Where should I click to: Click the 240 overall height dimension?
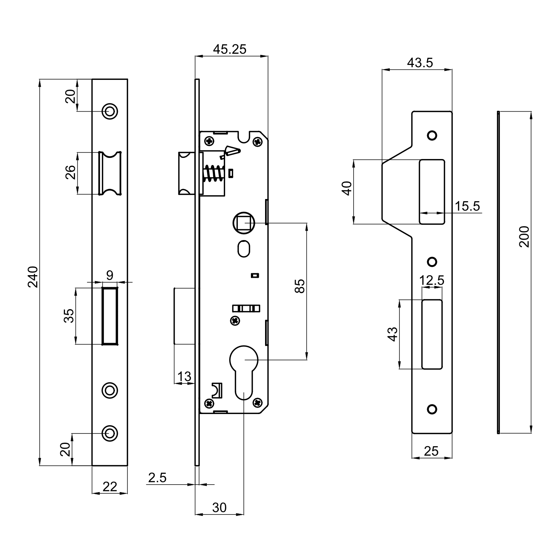[x=34, y=277]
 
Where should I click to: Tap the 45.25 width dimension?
[x=230, y=49]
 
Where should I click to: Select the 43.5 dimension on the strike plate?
[x=420, y=63]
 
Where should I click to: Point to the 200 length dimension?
[x=525, y=236]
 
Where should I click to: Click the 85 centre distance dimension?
[x=300, y=286]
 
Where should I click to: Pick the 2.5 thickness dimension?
[x=157, y=477]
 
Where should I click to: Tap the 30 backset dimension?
[x=220, y=507]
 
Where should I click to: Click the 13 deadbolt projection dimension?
[x=184, y=376]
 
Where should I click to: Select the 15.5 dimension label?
[x=467, y=206]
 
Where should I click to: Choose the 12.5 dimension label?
[x=432, y=280]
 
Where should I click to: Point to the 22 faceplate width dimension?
[x=110, y=486]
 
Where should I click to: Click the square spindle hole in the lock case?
[x=244, y=223]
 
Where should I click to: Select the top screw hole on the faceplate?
[x=110, y=111]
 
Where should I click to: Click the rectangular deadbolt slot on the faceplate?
[x=110, y=316]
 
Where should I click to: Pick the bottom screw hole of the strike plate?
[x=432, y=409]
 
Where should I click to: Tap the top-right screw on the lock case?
[x=257, y=142]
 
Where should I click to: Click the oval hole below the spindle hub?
[x=243, y=248]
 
